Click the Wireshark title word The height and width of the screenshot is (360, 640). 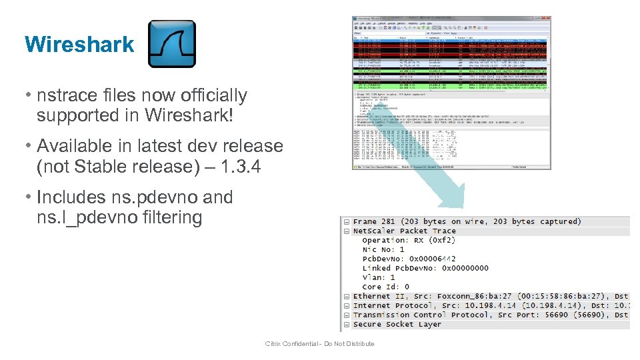point(79,45)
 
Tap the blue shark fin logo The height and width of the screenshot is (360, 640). point(172,44)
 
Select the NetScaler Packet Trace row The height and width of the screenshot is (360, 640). point(404,231)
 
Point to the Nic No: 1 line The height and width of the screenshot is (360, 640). point(383,249)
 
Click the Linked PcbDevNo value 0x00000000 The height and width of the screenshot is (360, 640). point(465,268)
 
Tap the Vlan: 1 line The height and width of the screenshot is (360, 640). point(379,277)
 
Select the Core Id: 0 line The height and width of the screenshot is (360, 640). point(386,287)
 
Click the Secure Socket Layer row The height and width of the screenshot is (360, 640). point(397,324)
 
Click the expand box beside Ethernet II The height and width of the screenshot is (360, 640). point(347,296)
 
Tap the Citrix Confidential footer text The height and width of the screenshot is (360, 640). point(319,344)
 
